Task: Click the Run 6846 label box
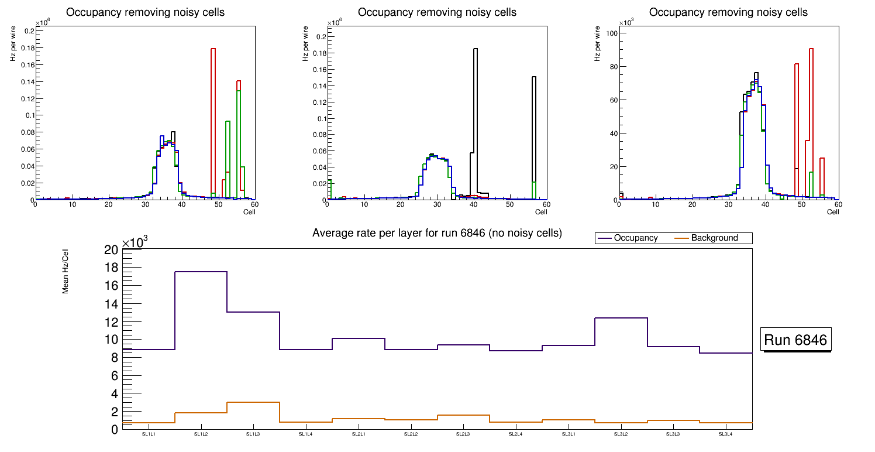796,340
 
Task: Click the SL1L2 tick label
201,434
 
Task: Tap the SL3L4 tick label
725,434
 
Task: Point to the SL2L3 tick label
463,434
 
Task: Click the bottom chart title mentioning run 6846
437,233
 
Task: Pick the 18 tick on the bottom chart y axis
111,268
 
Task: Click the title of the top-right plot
728,12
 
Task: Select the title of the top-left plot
145,12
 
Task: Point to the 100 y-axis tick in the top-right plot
609,33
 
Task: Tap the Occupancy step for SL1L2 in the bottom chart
201,272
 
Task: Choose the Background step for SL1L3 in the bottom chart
253,402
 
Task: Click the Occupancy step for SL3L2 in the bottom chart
621,318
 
